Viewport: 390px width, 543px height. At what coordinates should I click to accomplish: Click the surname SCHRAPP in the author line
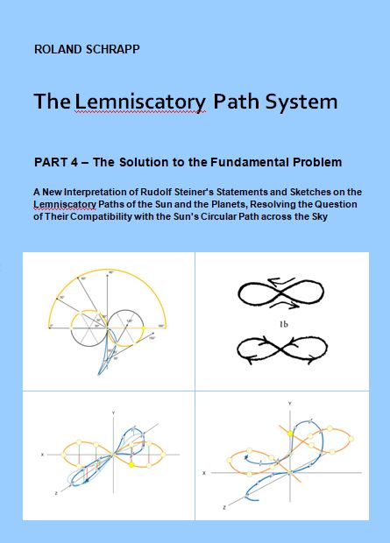click(112, 49)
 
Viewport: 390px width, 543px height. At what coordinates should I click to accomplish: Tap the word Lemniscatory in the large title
click(140, 102)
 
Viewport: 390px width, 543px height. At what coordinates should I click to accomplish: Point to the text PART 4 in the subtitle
click(56, 162)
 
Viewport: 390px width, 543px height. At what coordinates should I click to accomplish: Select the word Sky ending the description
click(320, 217)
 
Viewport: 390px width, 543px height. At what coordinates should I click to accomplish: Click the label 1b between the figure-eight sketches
click(284, 324)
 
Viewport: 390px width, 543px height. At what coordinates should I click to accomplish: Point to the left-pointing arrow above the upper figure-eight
click(281, 281)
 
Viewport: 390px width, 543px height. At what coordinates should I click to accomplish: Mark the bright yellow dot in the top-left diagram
click(143, 328)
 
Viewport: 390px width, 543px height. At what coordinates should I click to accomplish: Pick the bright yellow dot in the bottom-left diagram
click(131, 464)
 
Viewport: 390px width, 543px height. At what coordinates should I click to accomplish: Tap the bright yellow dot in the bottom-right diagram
click(290, 434)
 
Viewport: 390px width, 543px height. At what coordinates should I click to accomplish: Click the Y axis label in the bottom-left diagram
click(113, 413)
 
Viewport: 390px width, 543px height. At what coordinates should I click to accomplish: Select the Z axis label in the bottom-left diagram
click(56, 493)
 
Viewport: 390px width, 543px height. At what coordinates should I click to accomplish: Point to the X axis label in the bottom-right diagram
click(204, 473)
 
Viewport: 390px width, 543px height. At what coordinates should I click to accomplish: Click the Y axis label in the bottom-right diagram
click(290, 403)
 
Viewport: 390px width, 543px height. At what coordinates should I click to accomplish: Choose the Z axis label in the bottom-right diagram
click(224, 508)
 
